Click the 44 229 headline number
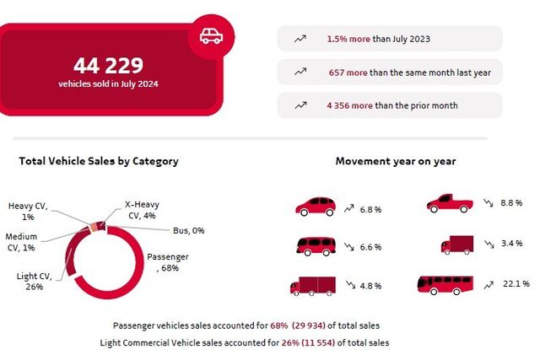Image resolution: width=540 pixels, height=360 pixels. point(108,66)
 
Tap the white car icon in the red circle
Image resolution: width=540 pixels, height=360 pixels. point(211,36)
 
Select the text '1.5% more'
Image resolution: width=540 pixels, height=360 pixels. point(348,39)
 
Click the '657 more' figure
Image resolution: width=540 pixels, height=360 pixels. point(348,73)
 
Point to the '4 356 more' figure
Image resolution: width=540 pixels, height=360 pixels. point(349,105)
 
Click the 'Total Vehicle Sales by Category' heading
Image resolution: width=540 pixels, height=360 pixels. point(99,161)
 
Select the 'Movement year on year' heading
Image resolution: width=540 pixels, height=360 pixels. point(396,161)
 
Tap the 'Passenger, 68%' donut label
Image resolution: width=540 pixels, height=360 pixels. point(168,262)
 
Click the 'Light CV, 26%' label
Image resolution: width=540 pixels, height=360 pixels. point(35,282)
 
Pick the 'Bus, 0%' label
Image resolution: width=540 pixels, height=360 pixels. point(189,230)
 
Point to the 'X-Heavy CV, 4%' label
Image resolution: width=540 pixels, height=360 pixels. point(142,210)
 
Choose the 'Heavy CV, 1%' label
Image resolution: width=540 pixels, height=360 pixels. point(28,212)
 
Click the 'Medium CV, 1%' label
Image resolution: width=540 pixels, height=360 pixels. point(21,242)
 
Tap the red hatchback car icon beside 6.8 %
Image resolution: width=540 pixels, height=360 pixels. point(316,207)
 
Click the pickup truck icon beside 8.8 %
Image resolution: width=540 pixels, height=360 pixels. point(450,203)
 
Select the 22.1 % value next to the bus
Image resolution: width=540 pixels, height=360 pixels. point(516,283)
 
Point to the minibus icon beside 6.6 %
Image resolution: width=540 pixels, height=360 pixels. point(316,246)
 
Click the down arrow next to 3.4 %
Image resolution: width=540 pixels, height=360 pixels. point(489,244)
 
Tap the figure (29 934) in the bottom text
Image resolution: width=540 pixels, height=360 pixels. point(309,325)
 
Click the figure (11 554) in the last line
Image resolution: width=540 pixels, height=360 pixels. point(318,343)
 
